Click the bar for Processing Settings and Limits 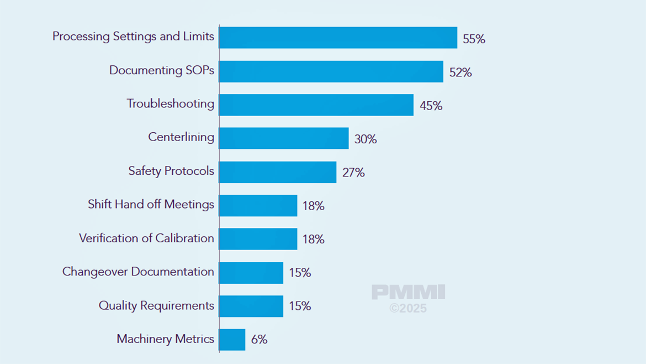click(338, 38)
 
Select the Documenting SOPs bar click(331, 71)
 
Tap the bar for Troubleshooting click(316, 105)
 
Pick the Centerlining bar click(283, 138)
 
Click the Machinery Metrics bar click(232, 340)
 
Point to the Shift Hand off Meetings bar click(258, 205)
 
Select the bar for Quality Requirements click(251, 306)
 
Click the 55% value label click(474, 39)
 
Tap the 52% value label click(460, 72)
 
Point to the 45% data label click(431, 106)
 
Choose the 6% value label click(259, 340)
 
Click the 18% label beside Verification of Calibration click(313, 239)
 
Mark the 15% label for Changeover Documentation click(300, 273)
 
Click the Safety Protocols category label click(171, 171)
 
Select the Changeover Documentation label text click(138, 272)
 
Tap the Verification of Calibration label click(146, 238)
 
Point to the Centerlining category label click(181, 137)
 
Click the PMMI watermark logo click(408, 293)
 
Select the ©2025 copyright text click(408, 308)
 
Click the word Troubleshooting click(171, 103)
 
